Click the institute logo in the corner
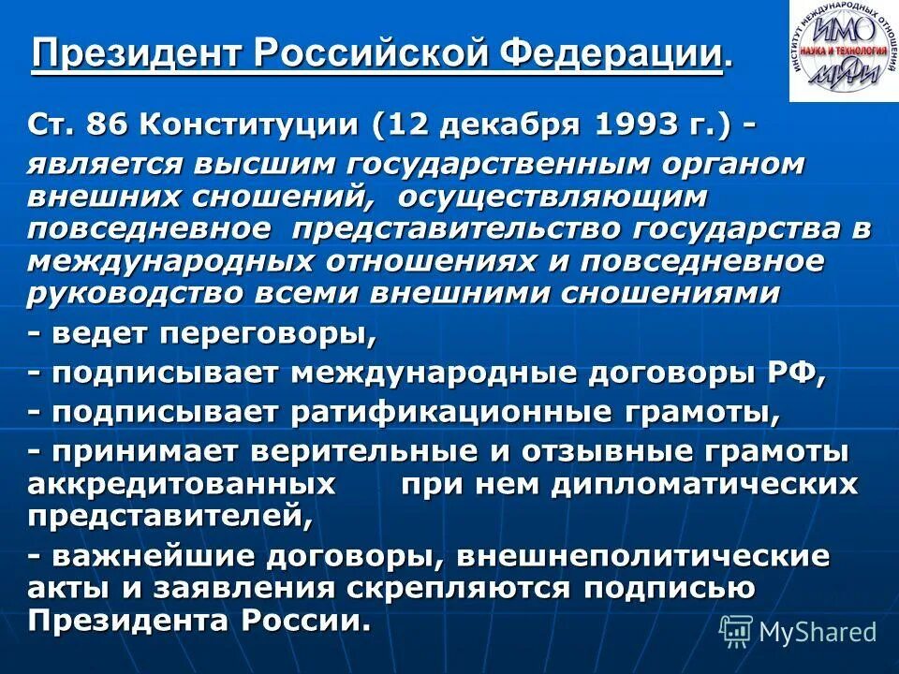point(841,51)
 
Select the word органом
point(727,164)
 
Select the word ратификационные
point(454,413)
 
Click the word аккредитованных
point(183,484)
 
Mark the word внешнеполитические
point(644,556)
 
